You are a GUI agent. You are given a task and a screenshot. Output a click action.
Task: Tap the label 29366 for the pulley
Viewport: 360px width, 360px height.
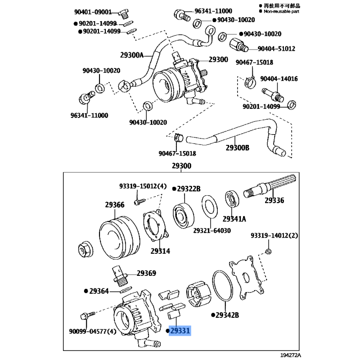tap(115, 205)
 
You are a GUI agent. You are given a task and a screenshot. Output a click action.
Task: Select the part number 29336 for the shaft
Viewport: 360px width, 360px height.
tap(274, 200)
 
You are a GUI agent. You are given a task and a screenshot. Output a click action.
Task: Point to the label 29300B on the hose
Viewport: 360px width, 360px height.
tap(237, 148)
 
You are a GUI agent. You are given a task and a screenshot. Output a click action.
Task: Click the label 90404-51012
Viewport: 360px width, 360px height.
tap(276, 49)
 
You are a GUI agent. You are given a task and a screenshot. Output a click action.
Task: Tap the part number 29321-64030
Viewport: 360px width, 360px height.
tap(212, 230)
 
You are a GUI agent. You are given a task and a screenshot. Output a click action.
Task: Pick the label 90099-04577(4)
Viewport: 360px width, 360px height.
tap(93, 332)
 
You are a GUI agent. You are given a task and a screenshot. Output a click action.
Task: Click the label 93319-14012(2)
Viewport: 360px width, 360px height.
tap(274, 235)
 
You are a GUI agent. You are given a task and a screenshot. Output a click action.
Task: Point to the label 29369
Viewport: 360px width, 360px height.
tap(146, 273)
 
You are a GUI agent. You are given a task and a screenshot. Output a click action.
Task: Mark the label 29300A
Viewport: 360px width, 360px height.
tap(131, 55)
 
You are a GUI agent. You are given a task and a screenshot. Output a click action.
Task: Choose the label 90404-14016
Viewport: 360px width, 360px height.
tap(279, 79)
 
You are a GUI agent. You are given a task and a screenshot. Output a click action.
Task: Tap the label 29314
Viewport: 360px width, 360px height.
tap(160, 251)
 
